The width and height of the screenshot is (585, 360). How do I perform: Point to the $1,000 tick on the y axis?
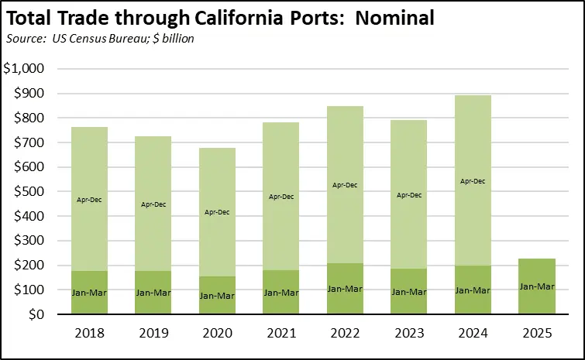[x=24, y=69]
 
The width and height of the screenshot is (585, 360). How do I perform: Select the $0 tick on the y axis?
[x=36, y=315]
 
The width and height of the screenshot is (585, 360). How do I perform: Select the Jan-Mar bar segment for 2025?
[x=536, y=286]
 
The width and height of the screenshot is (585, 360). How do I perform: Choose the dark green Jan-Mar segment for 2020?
[x=217, y=295]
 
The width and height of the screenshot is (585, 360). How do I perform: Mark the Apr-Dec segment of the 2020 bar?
[x=217, y=211]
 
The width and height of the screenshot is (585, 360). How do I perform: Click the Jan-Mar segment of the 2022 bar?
[x=345, y=289]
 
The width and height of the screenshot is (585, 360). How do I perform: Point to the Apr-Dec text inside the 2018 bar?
[x=90, y=200]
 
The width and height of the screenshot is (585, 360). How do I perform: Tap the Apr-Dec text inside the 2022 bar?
[x=345, y=186]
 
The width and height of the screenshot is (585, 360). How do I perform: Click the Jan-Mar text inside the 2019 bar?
[x=153, y=293]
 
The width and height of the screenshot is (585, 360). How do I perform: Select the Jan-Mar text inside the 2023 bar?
[x=408, y=292]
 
